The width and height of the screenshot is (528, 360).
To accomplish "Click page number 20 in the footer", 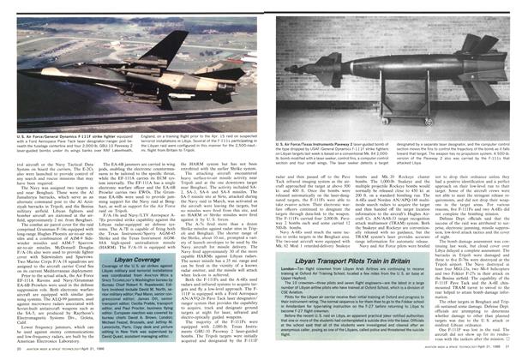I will (x=20, y=353).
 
